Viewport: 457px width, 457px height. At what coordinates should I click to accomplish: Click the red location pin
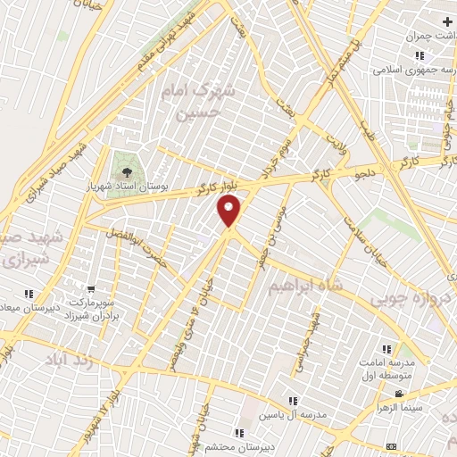[229, 212]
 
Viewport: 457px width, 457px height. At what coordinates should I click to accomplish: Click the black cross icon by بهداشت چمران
[446, 21]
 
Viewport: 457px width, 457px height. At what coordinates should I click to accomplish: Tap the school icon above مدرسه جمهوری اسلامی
[419, 54]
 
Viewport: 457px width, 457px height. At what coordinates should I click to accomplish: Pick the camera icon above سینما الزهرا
[400, 394]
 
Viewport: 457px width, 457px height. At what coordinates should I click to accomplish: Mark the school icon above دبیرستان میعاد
[29, 293]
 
